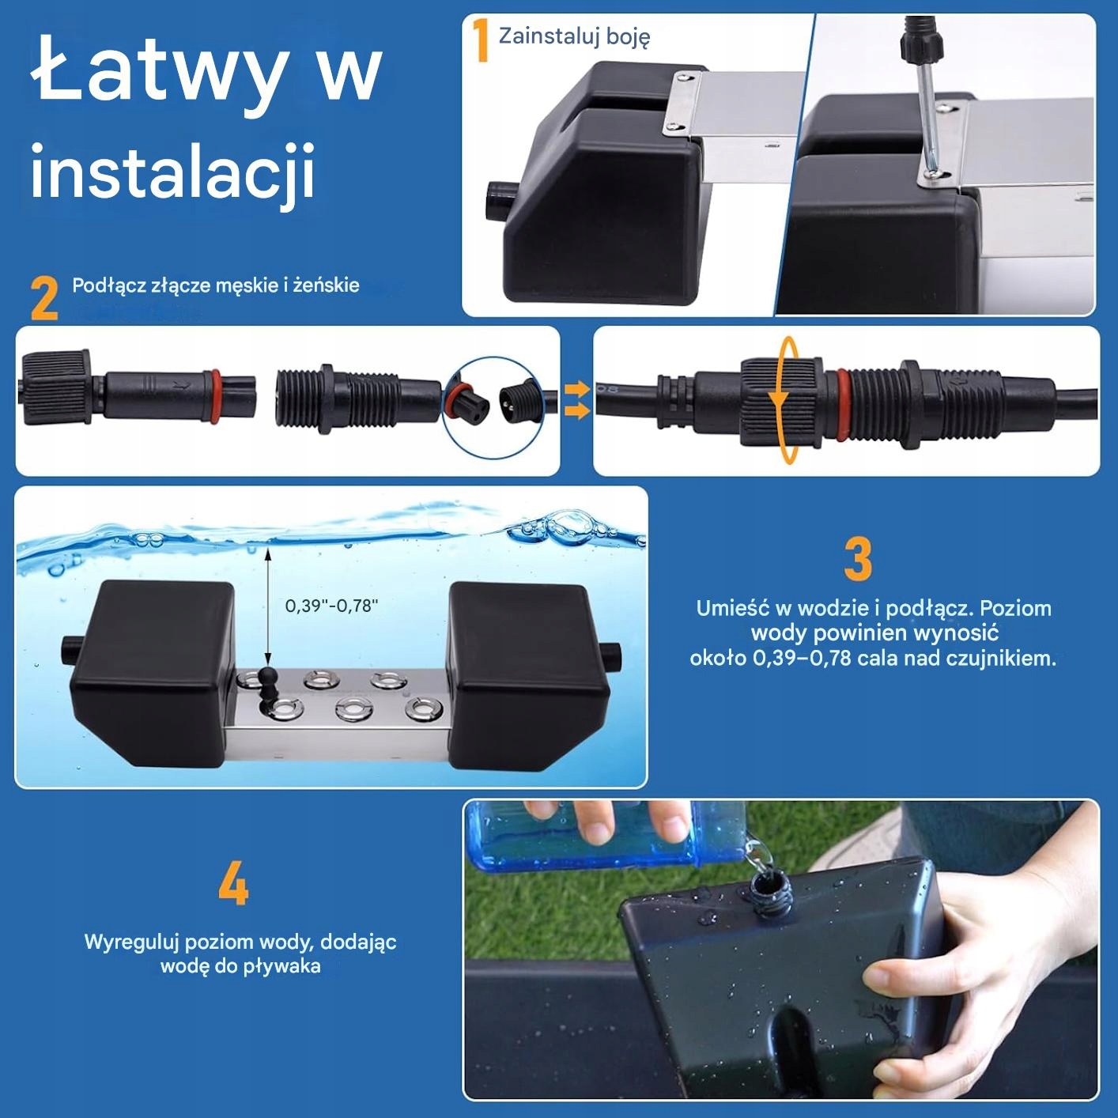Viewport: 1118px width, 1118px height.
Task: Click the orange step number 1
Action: tap(481, 40)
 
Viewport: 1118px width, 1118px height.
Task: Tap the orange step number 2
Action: tap(44, 298)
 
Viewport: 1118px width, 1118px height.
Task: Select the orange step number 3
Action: tap(858, 559)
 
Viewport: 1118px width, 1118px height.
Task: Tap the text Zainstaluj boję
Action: tap(574, 37)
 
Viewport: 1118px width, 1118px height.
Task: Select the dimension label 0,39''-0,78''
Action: tap(331, 606)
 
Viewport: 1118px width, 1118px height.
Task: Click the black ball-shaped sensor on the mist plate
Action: tap(266, 678)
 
